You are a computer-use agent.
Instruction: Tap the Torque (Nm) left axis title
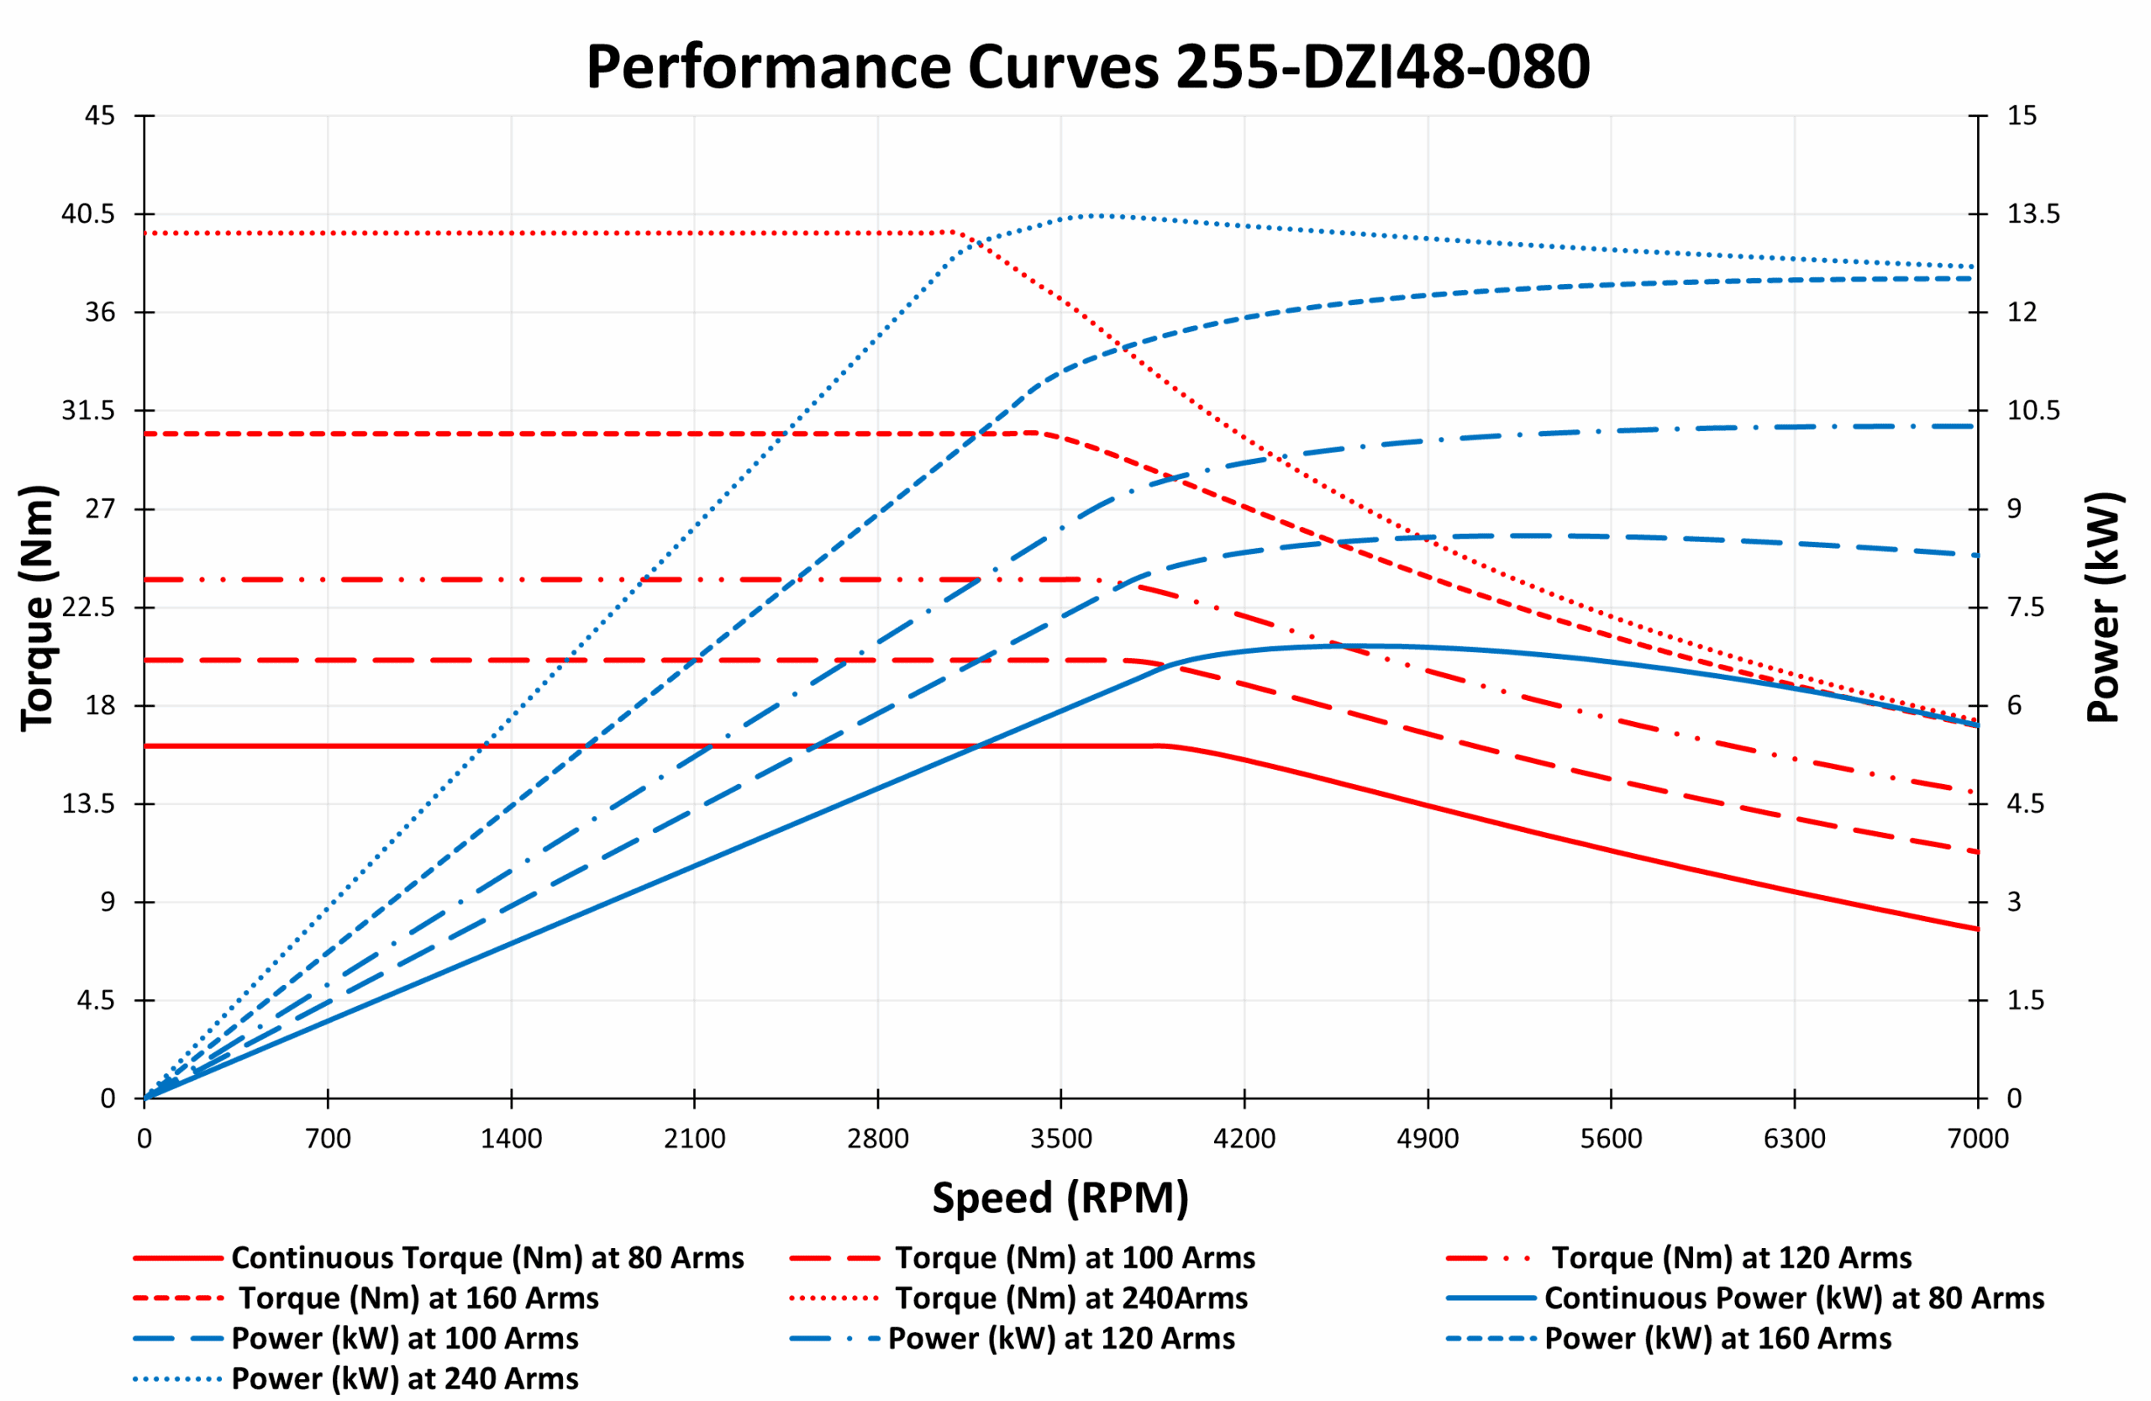click(x=38, y=608)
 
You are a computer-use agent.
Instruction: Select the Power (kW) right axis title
click(x=2102, y=608)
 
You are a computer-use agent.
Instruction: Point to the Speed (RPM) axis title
click(x=1060, y=1198)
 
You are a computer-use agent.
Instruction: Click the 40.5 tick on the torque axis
click(x=87, y=214)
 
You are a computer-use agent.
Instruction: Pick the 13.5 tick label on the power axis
click(x=2033, y=214)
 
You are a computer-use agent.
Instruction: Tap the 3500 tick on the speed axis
click(x=1061, y=1139)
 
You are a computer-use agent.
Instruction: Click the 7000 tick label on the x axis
click(x=1977, y=1139)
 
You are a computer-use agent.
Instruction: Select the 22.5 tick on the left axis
click(x=87, y=608)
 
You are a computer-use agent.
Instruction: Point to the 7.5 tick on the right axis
click(x=2025, y=608)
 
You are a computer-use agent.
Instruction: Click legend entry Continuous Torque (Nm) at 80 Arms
click(x=487, y=1257)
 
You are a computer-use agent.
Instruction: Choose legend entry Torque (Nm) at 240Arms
click(x=1071, y=1298)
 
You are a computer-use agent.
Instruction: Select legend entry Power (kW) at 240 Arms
click(x=404, y=1378)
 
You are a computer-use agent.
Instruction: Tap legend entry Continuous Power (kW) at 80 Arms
click(x=1794, y=1298)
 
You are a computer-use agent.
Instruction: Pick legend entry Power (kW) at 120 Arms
click(x=1061, y=1338)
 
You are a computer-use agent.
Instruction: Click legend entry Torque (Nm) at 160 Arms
click(x=418, y=1298)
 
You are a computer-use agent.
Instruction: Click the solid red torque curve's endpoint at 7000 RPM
click(x=1977, y=930)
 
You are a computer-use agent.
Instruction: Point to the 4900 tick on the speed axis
click(x=1428, y=1139)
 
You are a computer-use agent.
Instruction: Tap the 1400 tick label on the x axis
click(x=511, y=1139)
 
